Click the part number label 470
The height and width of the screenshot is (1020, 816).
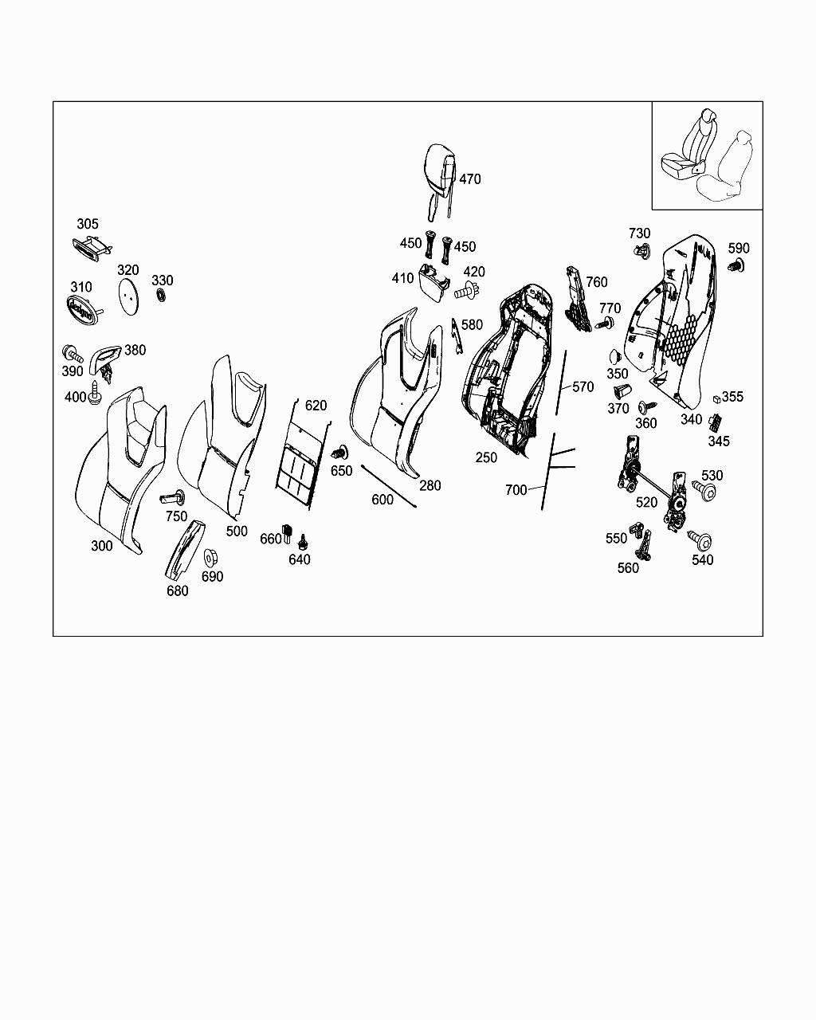[470, 179]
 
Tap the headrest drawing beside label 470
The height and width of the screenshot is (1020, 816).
[439, 181]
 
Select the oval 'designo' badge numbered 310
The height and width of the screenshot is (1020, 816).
[84, 310]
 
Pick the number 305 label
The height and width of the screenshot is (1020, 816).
[88, 224]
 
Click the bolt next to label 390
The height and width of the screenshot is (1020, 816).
[73, 354]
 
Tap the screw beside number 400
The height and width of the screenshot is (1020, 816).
[95, 392]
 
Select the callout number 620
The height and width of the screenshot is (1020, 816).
[316, 406]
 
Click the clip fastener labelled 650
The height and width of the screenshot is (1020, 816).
[340, 453]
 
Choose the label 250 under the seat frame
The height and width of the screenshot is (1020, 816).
[486, 457]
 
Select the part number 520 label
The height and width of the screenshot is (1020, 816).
[646, 502]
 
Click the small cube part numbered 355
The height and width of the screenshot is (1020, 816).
[716, 399]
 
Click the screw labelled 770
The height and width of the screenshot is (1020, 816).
[604, 324]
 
